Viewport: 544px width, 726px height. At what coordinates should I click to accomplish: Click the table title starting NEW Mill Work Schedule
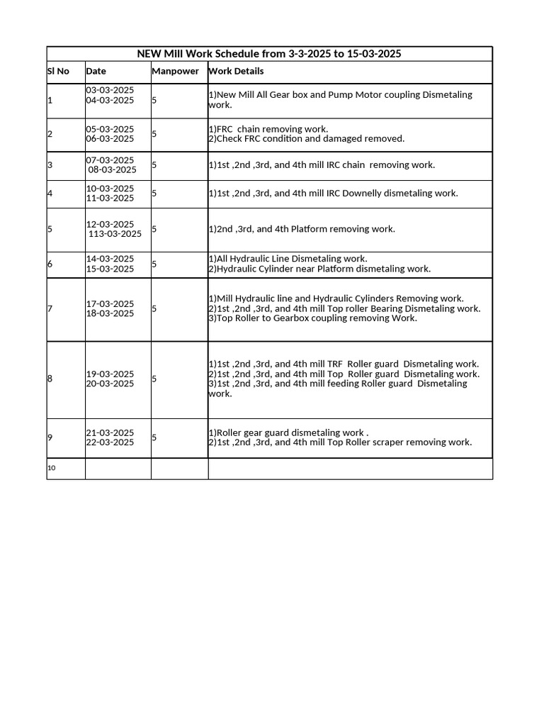(269, 54)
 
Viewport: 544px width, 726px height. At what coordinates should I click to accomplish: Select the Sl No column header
(58, 71)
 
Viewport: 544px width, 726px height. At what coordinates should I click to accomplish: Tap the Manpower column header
(176, 71)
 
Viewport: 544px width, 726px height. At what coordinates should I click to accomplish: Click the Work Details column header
(236, 71)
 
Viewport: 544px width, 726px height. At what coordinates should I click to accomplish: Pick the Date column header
(96, 71)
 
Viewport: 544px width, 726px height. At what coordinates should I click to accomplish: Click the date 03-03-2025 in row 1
(110, 90)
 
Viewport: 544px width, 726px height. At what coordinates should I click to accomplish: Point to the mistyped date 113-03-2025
(115, 234)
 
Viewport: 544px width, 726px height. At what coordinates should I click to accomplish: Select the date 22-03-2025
(110, 442)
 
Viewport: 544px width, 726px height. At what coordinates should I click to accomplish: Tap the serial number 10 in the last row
(51, 468)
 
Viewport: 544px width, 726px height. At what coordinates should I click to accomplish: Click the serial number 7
(50, 308)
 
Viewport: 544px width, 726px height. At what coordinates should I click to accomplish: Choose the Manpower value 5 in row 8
(154, 379)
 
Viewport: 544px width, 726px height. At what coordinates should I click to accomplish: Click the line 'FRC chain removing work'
(268, 129)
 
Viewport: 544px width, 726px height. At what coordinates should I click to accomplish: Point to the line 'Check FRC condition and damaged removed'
(307, 139)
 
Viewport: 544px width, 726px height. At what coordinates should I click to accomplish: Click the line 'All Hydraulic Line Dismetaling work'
(288, 259)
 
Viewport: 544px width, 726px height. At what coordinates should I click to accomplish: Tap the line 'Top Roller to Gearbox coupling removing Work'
(312, 318)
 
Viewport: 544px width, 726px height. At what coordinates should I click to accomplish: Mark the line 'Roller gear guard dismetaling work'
(288, 432)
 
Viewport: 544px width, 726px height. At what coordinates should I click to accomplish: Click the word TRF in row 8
(335, 364)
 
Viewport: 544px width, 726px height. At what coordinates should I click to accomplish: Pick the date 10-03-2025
(110, 189)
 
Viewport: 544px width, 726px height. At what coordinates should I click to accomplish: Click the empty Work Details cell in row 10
(350, 469)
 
